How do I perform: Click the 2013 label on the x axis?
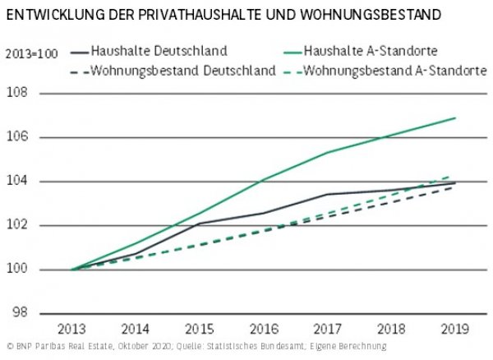[71, 329]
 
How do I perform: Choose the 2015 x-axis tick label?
[200, 329]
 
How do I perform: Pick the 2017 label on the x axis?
[328, 329]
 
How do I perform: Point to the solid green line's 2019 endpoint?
[456, 118]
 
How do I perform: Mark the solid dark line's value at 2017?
[328, 194]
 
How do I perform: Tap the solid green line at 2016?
[264, 178]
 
